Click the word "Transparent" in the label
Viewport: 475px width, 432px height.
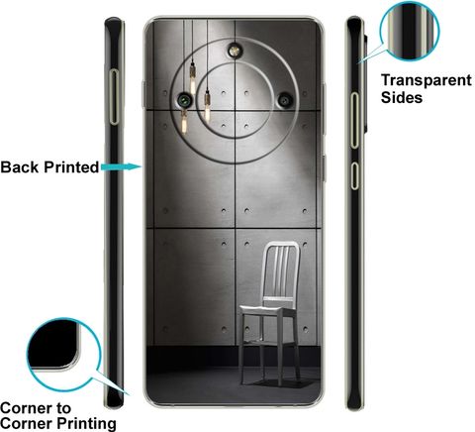[427, 80]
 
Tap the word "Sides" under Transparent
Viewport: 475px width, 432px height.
[402, 97]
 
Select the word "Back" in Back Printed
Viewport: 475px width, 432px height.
[20, 167]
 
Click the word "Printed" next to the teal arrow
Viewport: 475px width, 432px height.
[71, 167]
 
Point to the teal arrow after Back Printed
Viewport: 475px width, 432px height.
[122, 167]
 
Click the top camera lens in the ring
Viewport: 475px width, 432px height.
[235, 51]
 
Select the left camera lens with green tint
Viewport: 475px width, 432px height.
[184, 99]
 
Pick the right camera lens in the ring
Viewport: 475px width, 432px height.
[285, 99]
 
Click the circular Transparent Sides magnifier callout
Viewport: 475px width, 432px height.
[410, 32]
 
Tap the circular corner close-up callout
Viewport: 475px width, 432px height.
[63, 354]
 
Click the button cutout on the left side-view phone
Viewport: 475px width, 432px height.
[114, 97]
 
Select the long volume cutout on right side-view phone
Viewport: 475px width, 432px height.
[354, 120]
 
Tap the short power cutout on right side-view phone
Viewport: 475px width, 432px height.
[354, 175]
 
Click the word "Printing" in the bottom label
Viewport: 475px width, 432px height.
[86, 424]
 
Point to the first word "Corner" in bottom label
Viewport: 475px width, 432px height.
[26, 408]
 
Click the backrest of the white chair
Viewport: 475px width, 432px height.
[281, 270]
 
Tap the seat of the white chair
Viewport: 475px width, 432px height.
[268, 310]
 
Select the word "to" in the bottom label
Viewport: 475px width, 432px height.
[63, 409]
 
